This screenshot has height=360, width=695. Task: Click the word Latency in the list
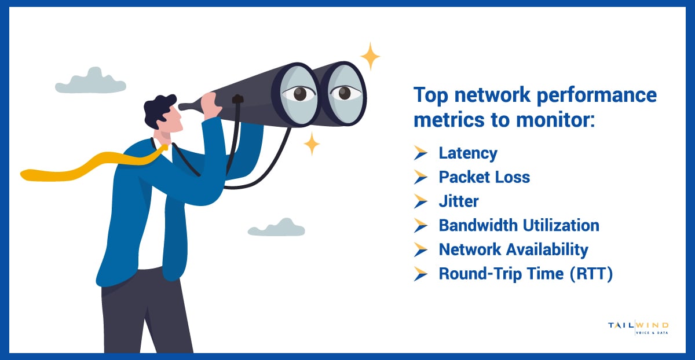(467, 153)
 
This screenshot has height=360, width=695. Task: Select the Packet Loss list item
(484, 177)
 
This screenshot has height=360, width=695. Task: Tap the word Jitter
(459, 201)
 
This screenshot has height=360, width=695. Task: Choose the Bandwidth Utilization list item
(518, 225)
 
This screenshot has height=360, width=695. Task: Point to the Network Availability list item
(513, 249)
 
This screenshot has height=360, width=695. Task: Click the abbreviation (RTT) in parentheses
(591, 273)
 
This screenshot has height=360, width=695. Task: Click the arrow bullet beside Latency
(421, 153)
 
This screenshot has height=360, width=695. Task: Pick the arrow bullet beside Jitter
(421, 201)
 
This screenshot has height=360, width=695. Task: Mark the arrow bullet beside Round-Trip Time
(421, 273)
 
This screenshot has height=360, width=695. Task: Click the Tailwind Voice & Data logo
(638, 328)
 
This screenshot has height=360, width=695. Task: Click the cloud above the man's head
(90, 82)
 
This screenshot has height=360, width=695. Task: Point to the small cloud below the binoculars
(277, 228)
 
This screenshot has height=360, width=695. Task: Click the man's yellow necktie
(87, 167)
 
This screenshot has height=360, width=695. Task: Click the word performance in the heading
(596, 96)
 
